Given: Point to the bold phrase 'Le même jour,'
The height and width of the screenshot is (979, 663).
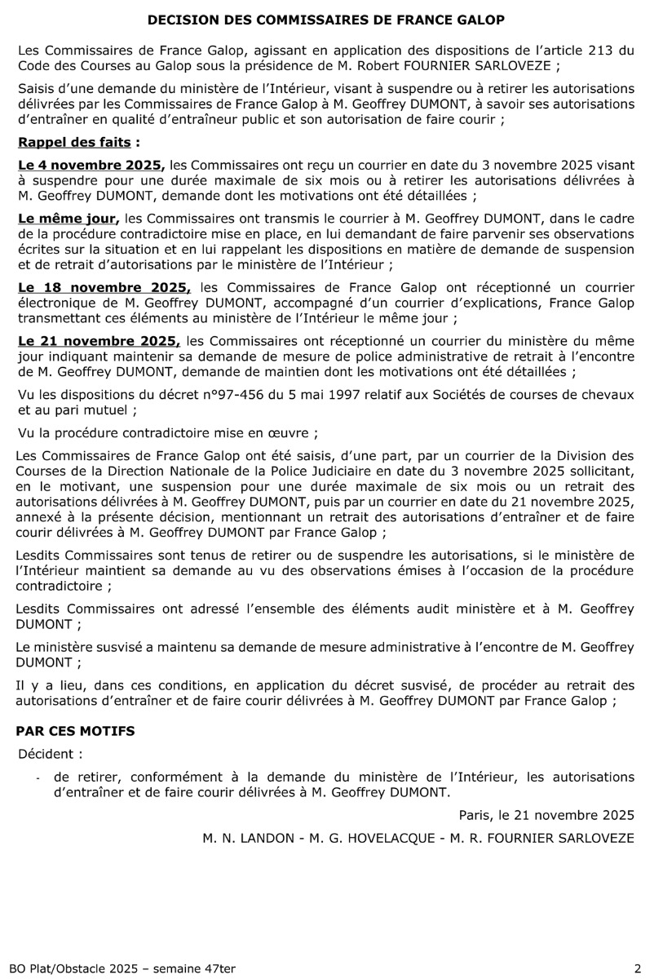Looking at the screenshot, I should [x=69, y=219].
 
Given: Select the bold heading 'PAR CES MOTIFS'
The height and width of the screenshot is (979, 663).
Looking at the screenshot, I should [x=77, y=731].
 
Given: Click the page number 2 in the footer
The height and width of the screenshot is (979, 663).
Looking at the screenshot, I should [x=638, y=968].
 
